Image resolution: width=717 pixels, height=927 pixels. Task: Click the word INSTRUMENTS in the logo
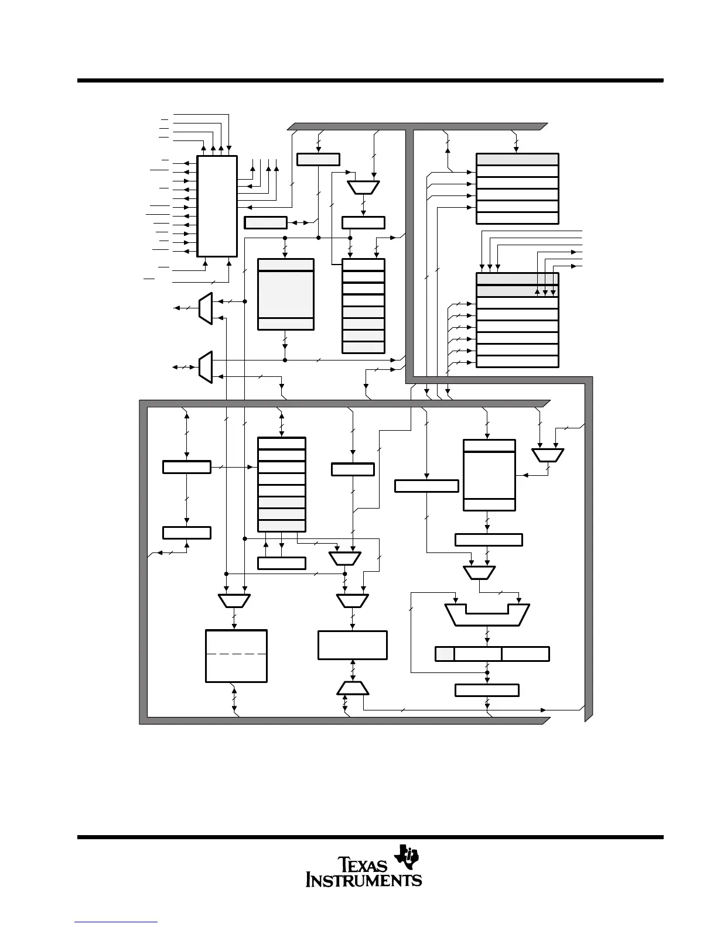pyautogui.click(x=364, y=880)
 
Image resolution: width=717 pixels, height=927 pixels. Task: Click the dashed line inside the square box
pyautogui.click(x=236, y=653)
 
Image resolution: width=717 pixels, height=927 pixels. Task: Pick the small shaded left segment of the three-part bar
pyautogui.click(x=445, y=654)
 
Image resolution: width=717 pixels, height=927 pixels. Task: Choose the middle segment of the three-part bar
pyautogui.click(x=477, y=654)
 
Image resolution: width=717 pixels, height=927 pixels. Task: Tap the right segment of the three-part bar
pyautogui.click(x=525, y=654)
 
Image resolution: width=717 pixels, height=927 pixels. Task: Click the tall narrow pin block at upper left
pyautogui.click(x=217, y=206)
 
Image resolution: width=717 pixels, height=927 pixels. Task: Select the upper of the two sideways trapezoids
pyautogui.click(x=204, y=308)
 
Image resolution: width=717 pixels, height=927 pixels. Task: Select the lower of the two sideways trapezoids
pyautogui.click(x=205, y=367)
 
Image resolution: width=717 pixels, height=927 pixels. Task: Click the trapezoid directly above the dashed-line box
pyautogui.click(x=234, y=601)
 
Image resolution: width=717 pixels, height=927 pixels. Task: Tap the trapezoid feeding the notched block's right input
pyautogui.click(x=480, y=572)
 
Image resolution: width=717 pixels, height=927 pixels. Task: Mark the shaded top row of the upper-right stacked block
pyautogui.click(x=517, y=159)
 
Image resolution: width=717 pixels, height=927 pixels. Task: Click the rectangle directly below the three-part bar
pyautogui.click(x=487, y=690)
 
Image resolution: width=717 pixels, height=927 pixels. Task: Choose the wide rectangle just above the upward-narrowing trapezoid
pyautogui.click(x=352, y=645)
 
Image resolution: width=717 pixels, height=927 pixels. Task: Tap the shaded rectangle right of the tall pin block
pyautogui.click(x=265, y=222)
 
